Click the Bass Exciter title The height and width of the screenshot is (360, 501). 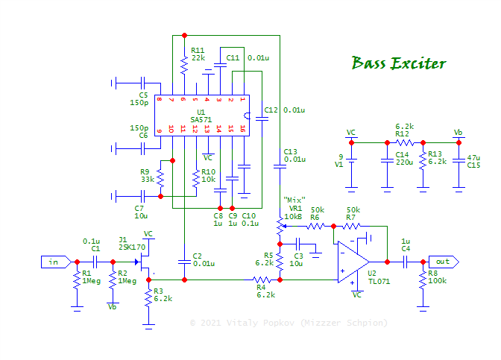tap(399, 63)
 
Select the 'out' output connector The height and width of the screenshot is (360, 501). tap(444, 262)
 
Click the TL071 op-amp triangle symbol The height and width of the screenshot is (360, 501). tap(353, 262)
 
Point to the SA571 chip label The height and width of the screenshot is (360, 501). tap(200, 119)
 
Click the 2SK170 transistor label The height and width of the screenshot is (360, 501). tap(133, 246)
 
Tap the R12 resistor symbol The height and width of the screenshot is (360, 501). tap(405, 142)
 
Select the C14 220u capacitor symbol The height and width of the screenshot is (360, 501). tap(386, 160)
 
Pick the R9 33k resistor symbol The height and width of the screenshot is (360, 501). tap(161, 177)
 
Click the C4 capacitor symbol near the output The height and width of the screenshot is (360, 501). tap(406, 262)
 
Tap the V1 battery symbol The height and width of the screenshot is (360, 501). tap(352, 162)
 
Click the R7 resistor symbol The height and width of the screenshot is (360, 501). tap(351, 225)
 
